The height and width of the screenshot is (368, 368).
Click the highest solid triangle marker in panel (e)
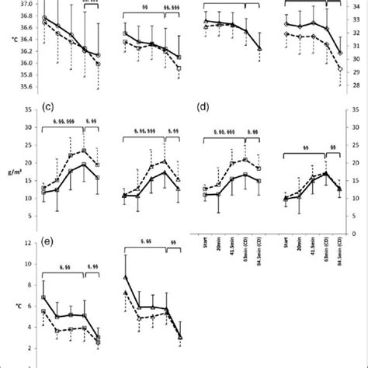click(126, 276)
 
